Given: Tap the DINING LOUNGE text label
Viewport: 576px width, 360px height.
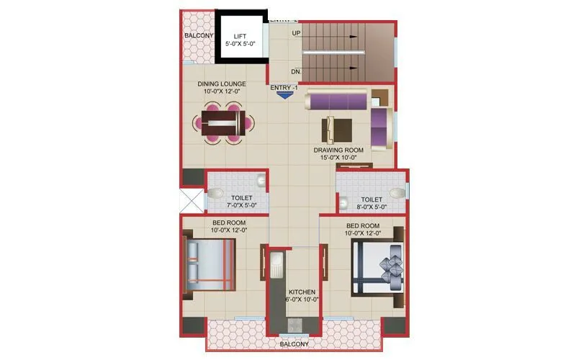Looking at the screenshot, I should (x=222, y=84).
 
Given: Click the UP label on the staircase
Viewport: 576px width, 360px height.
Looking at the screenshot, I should (x=296, y=33).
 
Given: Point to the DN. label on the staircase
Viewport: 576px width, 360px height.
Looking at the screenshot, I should (x=296, y=71).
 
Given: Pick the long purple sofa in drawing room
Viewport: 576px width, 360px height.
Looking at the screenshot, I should (x=337, y=100).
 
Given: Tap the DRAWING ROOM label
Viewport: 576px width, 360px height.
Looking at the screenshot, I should (x=338, y=150).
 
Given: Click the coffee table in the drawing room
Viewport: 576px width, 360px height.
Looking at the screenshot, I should (x=338, y=129).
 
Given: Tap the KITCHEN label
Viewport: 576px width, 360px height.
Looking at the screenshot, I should (x=294, y=292).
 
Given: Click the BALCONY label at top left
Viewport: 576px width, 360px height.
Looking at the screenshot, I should (x=197, y=35).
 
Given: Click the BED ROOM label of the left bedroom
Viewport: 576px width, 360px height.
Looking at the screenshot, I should (x=228, y=223).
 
